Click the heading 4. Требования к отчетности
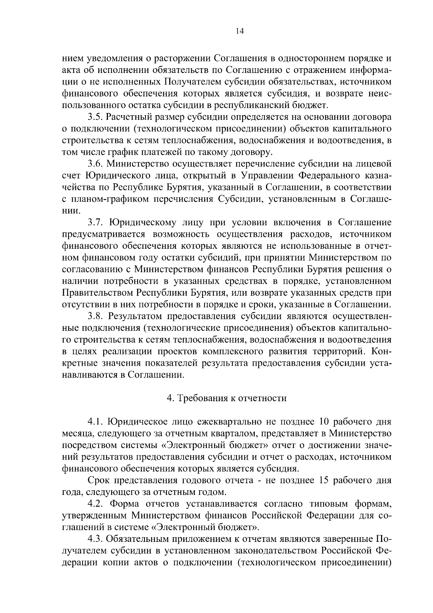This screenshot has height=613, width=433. tap(227, 398)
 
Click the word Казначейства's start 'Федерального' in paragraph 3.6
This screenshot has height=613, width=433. tap(328, 176)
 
